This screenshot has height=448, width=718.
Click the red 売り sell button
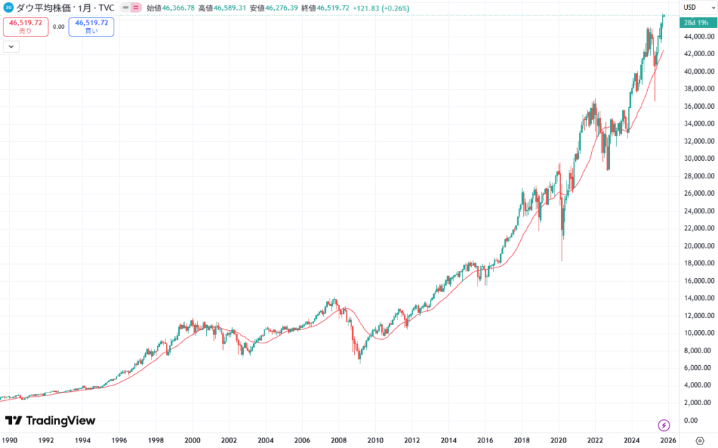(x=25, y=27)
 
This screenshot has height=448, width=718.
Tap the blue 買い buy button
(x=91, y=27)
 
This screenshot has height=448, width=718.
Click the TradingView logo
(x=50, y=421)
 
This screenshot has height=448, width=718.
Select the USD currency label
(x=689, y=8)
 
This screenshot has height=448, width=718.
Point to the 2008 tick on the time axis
(x=339, y=440)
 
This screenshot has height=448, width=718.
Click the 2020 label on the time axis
(x=558, y=440)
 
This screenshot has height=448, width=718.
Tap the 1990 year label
(x=10, y=440)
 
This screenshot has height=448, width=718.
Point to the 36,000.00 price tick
(x=699, y=106)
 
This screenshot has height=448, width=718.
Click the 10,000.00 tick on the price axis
(x=699, y=333)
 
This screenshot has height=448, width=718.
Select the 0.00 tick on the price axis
(x=691, y=420)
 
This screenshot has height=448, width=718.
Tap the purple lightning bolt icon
(x=664, y=425)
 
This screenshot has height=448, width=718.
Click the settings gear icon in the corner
(x=698, y=440)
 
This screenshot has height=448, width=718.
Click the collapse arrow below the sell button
(x=11, y=46)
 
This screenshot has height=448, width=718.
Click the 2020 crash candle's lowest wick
(x=562, y=260)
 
